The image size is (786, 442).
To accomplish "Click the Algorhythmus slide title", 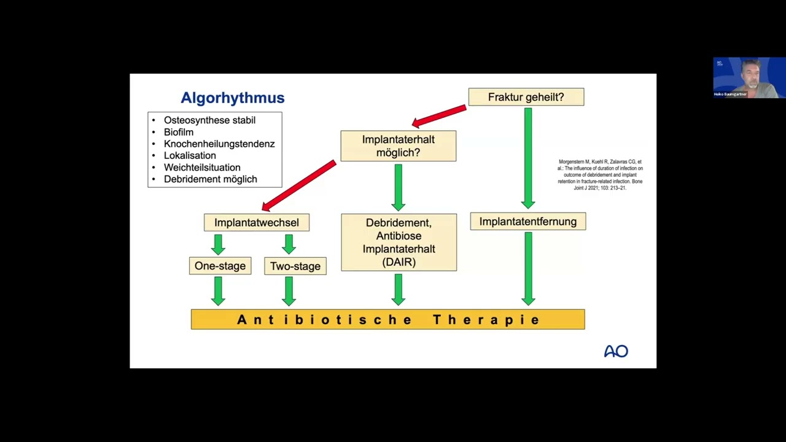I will [x=232, y=98].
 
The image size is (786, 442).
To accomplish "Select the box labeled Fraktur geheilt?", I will [x=526, y=97].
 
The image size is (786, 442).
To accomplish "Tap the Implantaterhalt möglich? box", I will [x=398, y=146].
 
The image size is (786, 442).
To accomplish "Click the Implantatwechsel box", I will [x=257, y=222].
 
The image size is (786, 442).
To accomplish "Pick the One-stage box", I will [x=220, y=266].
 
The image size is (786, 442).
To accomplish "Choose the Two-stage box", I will [x=295, y=266].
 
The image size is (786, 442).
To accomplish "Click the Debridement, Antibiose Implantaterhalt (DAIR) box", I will [x=399, y=242].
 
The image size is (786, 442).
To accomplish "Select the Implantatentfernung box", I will [x=527, y=222].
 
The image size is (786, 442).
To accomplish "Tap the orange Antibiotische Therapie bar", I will [x=387, y=319].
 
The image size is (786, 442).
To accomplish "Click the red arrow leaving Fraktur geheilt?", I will [x=439, y=115].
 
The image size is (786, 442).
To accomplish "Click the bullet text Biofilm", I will [x=179, y=132].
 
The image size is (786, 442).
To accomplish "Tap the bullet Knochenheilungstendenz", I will [x=219, y=144].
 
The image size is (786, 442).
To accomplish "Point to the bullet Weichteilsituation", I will [x=202, y=167].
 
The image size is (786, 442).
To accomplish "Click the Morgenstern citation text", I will [x=600, y=175].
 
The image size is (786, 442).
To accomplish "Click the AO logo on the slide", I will [x=615, y=351].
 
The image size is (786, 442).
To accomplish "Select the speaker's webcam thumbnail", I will [x=749, y=78].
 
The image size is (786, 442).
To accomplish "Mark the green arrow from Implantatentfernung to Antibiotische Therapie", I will [x=528, y=268].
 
